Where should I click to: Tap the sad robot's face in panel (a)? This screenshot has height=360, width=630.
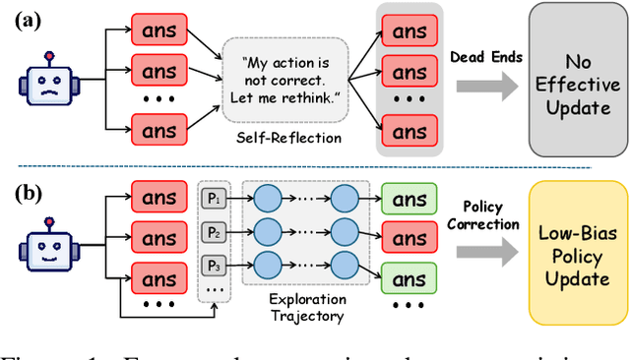[40, 79]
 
